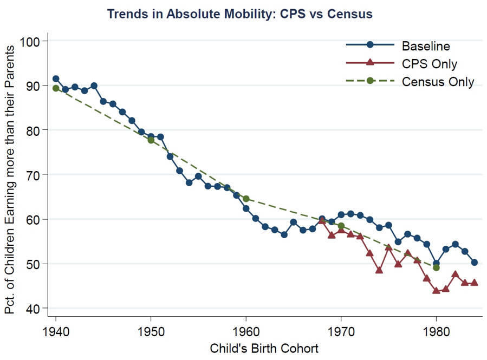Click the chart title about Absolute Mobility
pos(239,14)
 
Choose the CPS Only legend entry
pos(429,63)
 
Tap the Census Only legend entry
pos(438,82)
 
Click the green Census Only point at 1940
pos(55,88)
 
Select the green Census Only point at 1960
pos(246,199)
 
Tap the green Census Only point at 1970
pos(341,226)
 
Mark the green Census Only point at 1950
pos(151,140)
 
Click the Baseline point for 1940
pos(55,78)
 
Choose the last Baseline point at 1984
pos(475,262)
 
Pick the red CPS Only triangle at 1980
pos(436,291)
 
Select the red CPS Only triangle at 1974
pos(379,270)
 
